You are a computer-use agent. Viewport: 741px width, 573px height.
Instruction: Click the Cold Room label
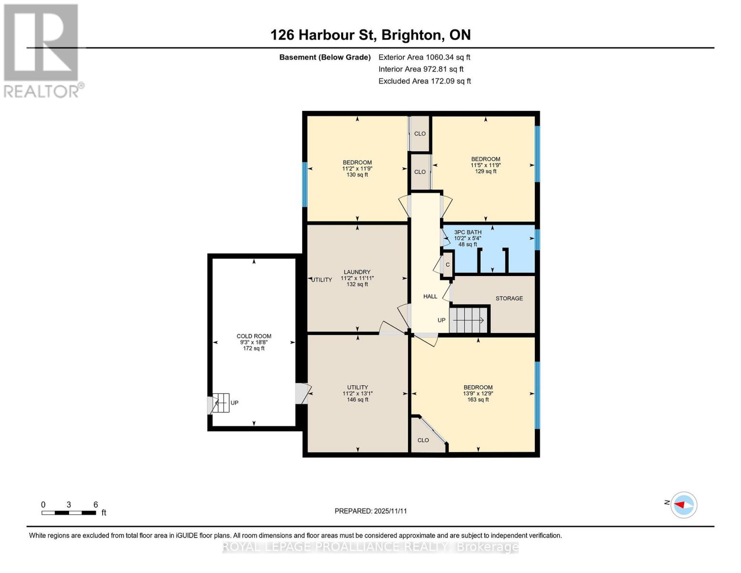tap(254, 336)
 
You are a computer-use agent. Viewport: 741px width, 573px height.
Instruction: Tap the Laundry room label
tap(357, 272)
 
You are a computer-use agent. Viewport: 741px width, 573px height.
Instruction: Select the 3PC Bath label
tap(468, 233)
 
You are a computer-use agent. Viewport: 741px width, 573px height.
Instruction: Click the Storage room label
tap(509, 298)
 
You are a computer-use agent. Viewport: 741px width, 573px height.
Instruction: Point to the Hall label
tap(430, 297)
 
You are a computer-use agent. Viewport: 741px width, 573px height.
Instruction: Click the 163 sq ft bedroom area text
tap(478, 400)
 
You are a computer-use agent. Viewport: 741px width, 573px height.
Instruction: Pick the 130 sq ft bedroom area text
tap(357, 175)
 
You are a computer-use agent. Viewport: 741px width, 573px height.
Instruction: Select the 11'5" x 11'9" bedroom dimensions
tap(486, 165)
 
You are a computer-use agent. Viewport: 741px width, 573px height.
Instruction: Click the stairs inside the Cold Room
tap(220, 403)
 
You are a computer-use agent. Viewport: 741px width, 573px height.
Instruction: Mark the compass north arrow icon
tap(684, 505)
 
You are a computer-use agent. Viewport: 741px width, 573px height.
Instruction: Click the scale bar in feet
tap(69, 513)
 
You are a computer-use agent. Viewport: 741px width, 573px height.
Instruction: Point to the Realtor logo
tap(42, 51)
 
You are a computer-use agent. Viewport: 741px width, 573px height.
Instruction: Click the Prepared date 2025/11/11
tap(371, 511)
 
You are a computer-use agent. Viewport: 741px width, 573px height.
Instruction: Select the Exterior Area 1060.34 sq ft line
tap(424, 57)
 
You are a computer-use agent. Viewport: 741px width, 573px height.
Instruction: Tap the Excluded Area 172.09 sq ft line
tap(425, 81)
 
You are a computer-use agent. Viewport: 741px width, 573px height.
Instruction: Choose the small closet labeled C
tap(448, 265)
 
